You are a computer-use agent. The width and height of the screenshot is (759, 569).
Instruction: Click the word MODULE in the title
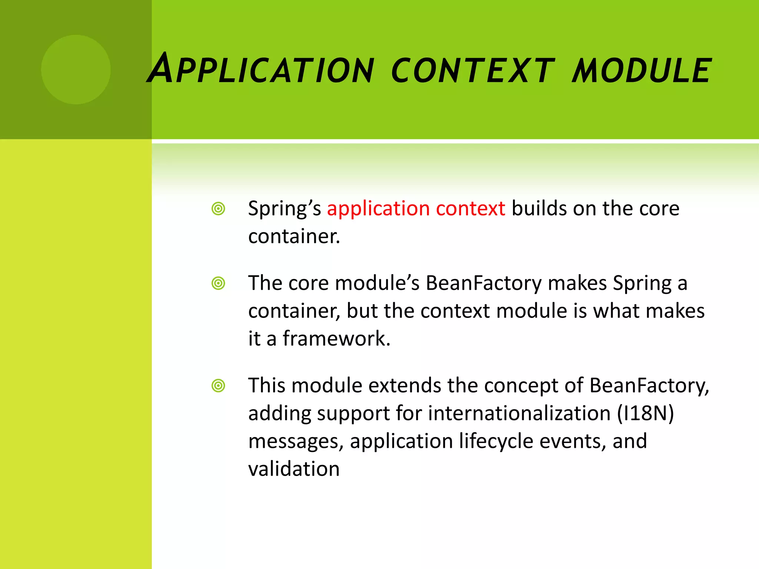[x=641, y=70]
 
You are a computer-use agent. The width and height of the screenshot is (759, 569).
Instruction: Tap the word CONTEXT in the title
[x=473, y=70]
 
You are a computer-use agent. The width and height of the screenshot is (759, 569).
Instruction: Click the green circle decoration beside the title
[x=76, y=70]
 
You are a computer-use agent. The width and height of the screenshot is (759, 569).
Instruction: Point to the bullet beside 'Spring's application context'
[x=218, y=209]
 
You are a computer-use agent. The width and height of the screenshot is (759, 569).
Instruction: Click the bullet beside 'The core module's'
[x=218, y=283]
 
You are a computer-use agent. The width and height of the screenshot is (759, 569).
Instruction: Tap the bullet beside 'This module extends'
[x=218, y=386]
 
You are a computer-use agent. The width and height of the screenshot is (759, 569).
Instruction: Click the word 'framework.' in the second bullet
[x=337, y=339]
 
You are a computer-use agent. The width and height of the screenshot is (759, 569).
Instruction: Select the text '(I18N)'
[x=645, y=413]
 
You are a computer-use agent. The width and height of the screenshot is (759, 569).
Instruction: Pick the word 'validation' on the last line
[x=294, y=469]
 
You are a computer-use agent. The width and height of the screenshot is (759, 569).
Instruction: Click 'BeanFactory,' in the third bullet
[x=649, y=386]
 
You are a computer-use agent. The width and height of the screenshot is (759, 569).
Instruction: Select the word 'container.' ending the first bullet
[x=294, y=237]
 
